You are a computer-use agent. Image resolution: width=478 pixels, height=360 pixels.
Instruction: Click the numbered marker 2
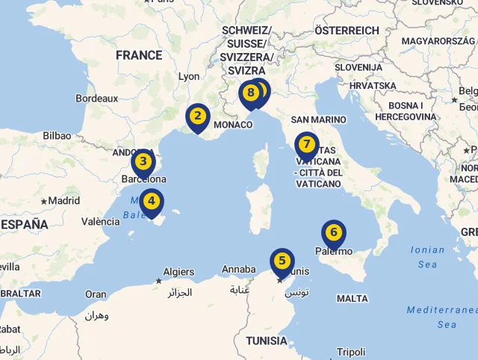(x=197, y=117)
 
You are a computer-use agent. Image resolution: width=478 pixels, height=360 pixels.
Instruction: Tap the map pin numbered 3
(x=143, y=161)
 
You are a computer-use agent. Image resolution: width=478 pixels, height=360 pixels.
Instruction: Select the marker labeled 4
(x=152, y=201)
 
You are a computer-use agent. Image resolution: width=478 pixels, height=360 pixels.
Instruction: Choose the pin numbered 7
(x=306, y=144)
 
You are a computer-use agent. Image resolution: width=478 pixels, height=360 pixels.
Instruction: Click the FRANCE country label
(x=139, y=55)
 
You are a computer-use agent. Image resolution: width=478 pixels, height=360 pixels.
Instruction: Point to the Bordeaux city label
(x=97, y=98)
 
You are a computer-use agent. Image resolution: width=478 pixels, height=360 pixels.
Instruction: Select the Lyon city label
(x=189, y=76)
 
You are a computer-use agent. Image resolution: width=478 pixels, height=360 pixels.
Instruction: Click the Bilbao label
(x=57, y=136)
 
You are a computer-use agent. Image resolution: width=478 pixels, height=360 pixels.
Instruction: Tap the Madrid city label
(x=64, y=200)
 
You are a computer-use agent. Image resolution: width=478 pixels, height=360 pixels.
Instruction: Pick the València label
(x=100, y=221)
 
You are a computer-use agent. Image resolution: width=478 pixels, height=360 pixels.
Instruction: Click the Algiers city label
(x=179, y=272)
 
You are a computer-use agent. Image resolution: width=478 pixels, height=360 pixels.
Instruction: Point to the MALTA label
(x=353, y=298)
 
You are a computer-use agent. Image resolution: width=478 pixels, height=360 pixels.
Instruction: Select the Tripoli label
(x=351, y=352)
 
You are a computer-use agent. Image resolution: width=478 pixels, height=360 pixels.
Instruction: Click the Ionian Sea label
(x=427, y=257)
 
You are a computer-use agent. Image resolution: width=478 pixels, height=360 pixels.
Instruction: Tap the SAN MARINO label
(x=319, y=120)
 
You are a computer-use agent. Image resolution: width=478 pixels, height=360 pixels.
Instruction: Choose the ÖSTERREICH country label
(x=347, y=31)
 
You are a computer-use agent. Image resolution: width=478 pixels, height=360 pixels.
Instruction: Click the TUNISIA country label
(x=266, y=341)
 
